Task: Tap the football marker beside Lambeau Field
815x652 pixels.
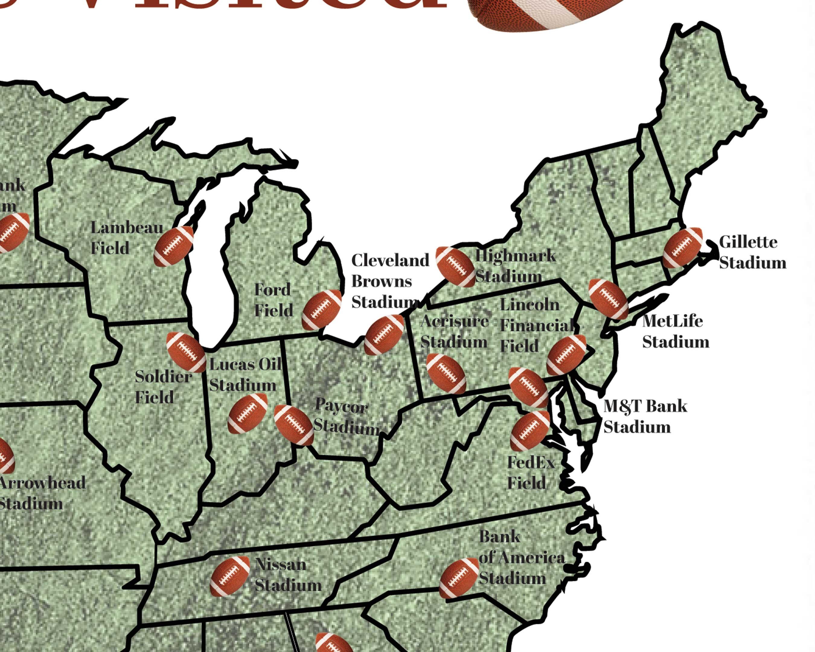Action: pos(174,246)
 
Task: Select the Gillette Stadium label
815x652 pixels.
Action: pos(752,252)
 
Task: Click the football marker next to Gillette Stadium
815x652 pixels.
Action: pos(683,248)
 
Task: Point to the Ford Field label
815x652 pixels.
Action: pos(273,300)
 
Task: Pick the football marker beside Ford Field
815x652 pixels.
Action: pos(322,310)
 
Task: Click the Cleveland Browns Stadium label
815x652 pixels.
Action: pos(389,281)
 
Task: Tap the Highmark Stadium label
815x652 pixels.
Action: pos(515,266)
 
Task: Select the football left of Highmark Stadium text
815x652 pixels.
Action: pos(455,267)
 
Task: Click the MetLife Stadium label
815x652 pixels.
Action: pos(675,331)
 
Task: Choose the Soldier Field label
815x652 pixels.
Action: pos(163,386)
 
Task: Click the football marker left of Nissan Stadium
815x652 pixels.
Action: pos(230,576)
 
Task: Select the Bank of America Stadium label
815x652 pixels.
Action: pos(521,558)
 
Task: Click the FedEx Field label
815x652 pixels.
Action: pos(530,472)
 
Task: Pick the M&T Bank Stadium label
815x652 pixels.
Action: pos(644,416)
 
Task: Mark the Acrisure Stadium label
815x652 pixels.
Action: pos(454,331)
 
